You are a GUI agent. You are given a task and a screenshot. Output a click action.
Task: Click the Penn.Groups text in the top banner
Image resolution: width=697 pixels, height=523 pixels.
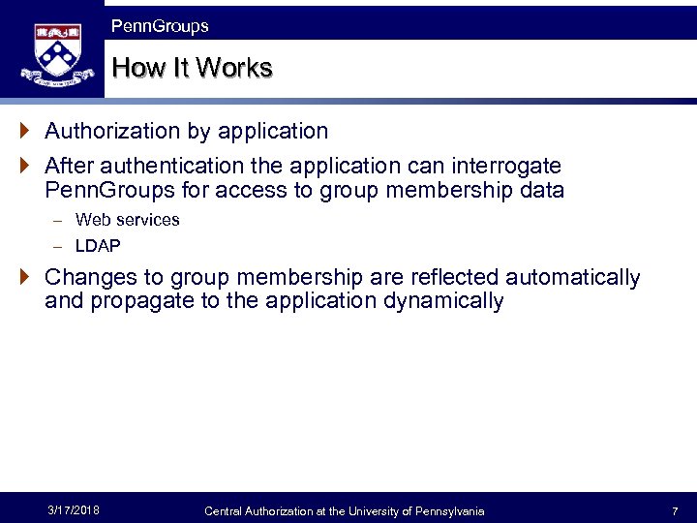pyautogui.click(x=160, y=26)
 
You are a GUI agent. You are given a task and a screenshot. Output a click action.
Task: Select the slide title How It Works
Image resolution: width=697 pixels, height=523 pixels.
pyautogui.click(x=192, y=69)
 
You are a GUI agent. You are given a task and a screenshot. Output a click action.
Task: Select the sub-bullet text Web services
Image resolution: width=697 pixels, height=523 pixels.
pyautogui.click(x=127, y=220)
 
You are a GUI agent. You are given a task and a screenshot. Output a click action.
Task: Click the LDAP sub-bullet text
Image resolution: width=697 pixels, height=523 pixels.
pyautogui.click(x=98, y=246)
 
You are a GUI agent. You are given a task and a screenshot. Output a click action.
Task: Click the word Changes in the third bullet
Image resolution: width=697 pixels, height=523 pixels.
pyautogui.click(x=89, y=278)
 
